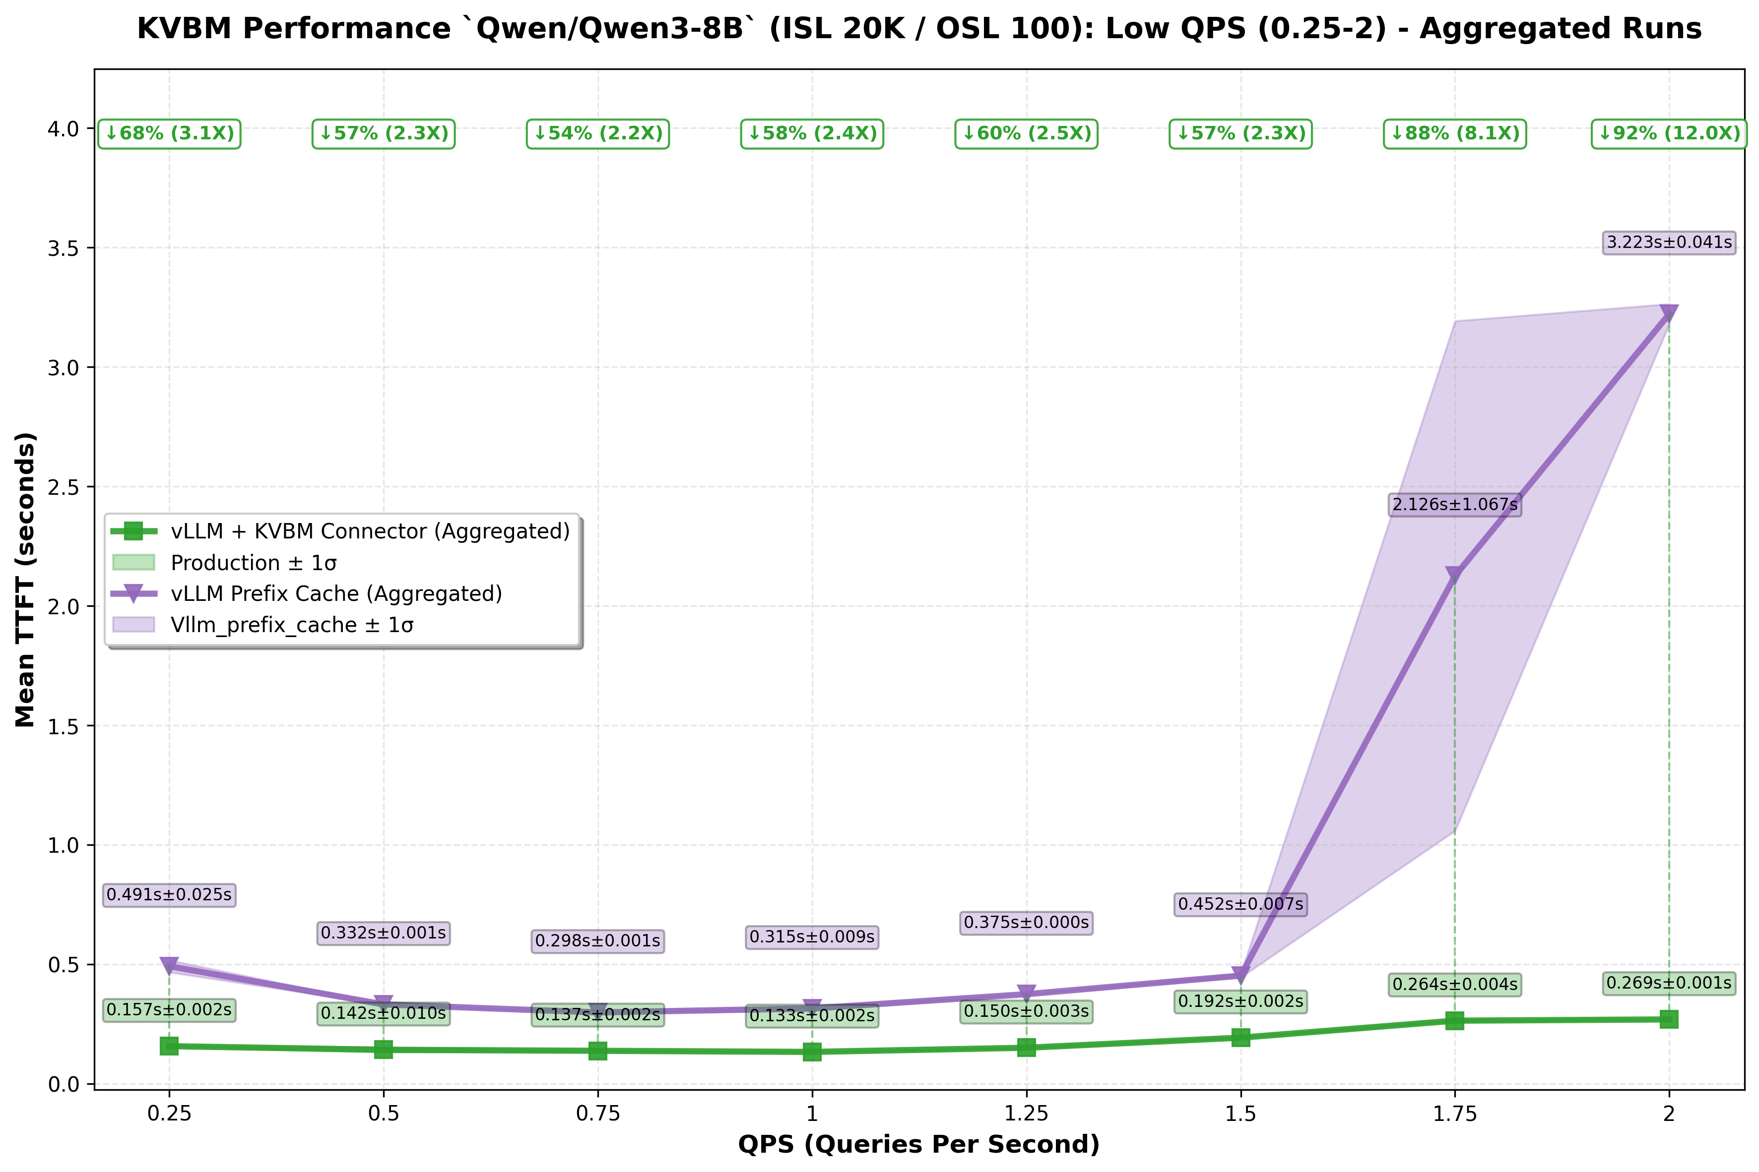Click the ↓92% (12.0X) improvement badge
(x=1669, y=134)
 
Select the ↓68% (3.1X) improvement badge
(x=169, y=134)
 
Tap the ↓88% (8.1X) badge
(x=1455, y=134)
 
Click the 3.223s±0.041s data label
(x=1669, y=242)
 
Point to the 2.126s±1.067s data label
(x=1455, y=505)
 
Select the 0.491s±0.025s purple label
(x=169, y=895)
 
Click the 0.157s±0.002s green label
(x=169, y=1010)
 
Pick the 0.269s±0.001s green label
(x=1669, y=983)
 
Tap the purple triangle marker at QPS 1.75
(x=1455, y=575)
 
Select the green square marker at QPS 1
(x=812, y=1052)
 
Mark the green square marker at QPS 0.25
(x=169, y=1046)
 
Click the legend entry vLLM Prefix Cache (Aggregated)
(x=336, y=593)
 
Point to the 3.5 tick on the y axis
(x=64, y=248)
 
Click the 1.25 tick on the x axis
(x=1026, y=1114)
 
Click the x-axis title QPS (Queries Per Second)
(x=918, y=1144)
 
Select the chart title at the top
(x=919, y=28)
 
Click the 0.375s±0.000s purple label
(x=1026, y=922)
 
